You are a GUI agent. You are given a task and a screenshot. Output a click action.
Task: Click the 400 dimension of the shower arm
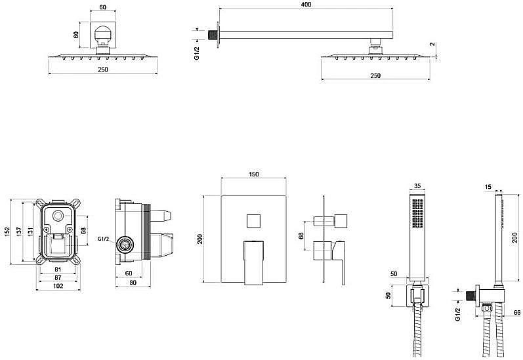click(306, 5)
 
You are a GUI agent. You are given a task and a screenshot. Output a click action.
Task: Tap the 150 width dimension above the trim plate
click(254, 174)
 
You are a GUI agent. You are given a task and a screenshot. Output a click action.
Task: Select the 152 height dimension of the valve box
click(7, 232)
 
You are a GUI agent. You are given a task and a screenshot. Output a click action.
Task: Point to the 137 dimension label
click(18, 232)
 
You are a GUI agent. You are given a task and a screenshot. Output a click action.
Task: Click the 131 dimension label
click(30, 232)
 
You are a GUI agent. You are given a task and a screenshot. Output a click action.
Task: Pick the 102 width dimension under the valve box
click(58, 286)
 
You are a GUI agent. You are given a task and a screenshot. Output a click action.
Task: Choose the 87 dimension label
click(58, 277)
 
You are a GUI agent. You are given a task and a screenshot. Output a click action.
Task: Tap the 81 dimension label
click(58, 270)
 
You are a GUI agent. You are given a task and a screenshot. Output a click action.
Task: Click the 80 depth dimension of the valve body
click(133, 283)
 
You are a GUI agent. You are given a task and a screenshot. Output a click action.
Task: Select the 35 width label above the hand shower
click(417, 186)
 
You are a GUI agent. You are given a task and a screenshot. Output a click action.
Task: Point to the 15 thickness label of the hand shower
click(488, 188)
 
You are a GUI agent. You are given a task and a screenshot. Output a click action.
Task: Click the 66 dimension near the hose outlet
click(517, 312)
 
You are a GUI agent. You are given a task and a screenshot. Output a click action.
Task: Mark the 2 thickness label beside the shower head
click(432, 45)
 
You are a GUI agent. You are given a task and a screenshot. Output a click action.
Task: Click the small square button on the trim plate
click(253, 221)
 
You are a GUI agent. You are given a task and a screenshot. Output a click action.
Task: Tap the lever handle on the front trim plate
click(253, 262)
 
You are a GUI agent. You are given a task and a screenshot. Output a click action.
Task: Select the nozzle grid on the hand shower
click(417, 214)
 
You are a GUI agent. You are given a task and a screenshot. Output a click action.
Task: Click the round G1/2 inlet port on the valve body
click(125, 246)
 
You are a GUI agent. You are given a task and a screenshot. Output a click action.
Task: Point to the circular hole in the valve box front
click(58, 216)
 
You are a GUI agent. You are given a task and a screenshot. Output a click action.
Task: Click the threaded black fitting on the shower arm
click(212, 35)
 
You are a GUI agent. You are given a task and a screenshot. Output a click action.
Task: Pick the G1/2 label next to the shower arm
click(197, 53)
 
